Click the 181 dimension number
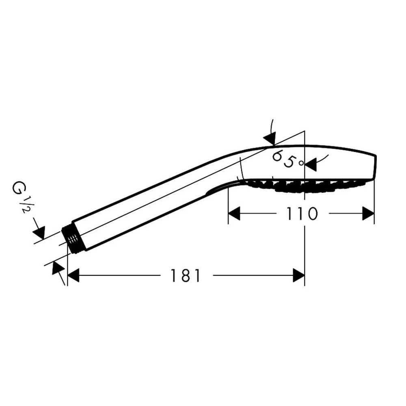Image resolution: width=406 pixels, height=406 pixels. tap(186, 275)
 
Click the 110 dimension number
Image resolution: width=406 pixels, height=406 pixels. tap(302, 214)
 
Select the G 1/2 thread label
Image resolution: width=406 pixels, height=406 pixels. tap(19, 196)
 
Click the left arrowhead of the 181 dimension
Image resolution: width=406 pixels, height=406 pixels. tap(73, 275)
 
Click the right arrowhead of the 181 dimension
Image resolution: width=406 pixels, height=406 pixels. tap(298, 275)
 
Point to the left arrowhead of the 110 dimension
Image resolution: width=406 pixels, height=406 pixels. tap(234, 214)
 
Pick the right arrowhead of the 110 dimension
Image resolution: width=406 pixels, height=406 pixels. tap(368, 214)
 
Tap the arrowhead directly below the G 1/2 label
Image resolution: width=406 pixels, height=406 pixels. tap(39, 232)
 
